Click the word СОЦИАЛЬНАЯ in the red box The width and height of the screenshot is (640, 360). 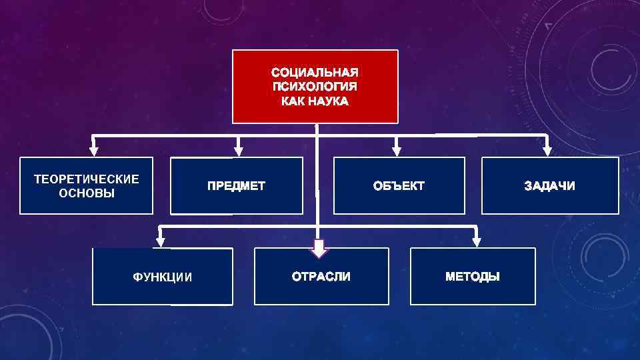(x=315, y=72)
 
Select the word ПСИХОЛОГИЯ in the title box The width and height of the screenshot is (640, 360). (x=315, y=87)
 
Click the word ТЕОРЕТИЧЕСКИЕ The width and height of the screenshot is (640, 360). (x=87, y=179)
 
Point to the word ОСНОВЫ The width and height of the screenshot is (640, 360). (x=87, y=193)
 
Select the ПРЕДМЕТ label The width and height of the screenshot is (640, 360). (x=236, y=186)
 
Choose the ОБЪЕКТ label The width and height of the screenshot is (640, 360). (x=399, y=186)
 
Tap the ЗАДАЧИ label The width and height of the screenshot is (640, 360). (x=549, y=186)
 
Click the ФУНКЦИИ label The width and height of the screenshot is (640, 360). (x=163, y=277)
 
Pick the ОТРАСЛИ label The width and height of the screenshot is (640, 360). (x=321, y=276)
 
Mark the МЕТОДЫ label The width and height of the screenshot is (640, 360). (x=472, y=276)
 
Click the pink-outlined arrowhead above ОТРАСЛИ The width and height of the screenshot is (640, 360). (x=319, y=249)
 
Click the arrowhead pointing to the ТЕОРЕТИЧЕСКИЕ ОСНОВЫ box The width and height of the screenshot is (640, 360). (x=94, y=150)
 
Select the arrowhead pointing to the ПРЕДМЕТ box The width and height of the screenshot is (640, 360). (x=239, y=150)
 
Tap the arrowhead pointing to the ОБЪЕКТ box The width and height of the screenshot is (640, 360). (x=397, y=150)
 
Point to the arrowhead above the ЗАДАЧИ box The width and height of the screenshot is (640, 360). (x=547, y=150)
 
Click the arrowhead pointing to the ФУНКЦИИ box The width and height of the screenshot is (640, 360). (x=160, y=241)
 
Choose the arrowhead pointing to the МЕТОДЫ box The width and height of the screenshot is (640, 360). (x=476, y=241)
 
